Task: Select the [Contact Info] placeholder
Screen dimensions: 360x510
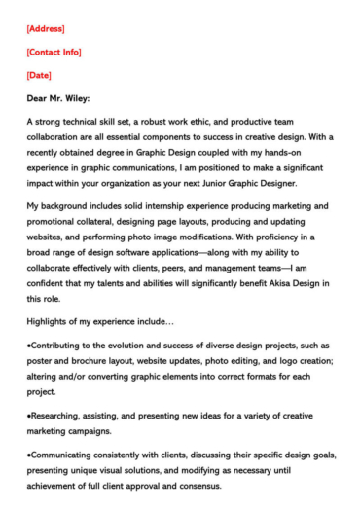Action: [x=54, y=53]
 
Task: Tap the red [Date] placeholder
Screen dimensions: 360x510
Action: [x=40, y=75]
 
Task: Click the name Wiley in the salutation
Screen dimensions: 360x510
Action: [x=74, y=98]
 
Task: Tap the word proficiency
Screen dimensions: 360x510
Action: [x=273, y=237]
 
